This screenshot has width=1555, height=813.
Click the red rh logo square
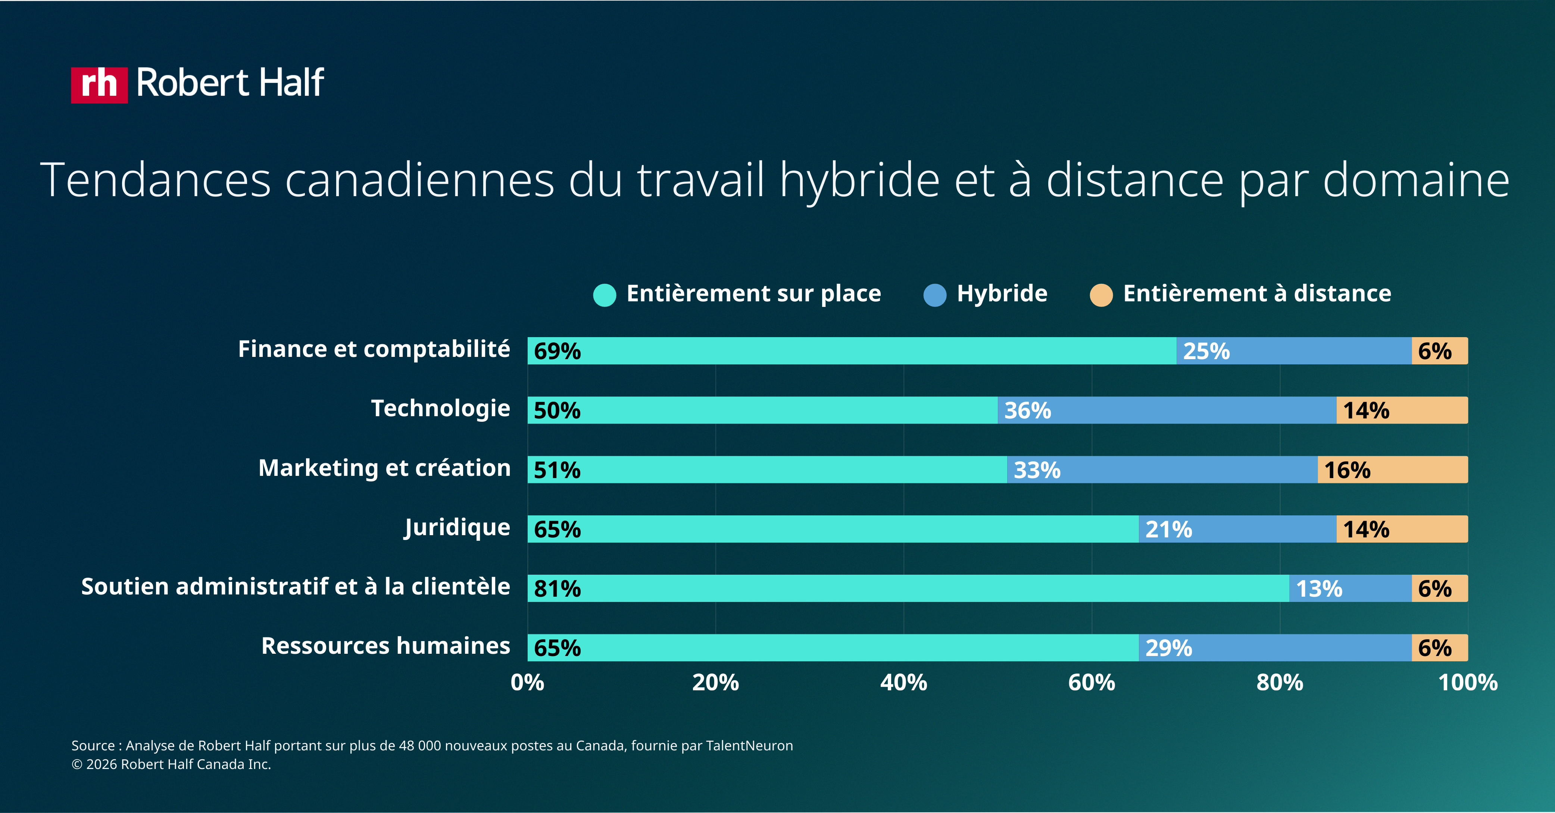point(99,84)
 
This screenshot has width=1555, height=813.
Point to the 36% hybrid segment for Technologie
point(1166,410)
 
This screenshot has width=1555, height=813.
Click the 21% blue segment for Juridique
point(1237,529)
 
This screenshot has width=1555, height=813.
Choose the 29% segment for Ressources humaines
point(1275,648)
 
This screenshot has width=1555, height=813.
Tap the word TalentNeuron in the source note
point(749,745)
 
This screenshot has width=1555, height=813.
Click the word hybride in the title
point(859,180)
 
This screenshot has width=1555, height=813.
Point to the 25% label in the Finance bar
point(1206,351)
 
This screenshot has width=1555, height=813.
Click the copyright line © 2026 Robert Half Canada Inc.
point(171,764)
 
